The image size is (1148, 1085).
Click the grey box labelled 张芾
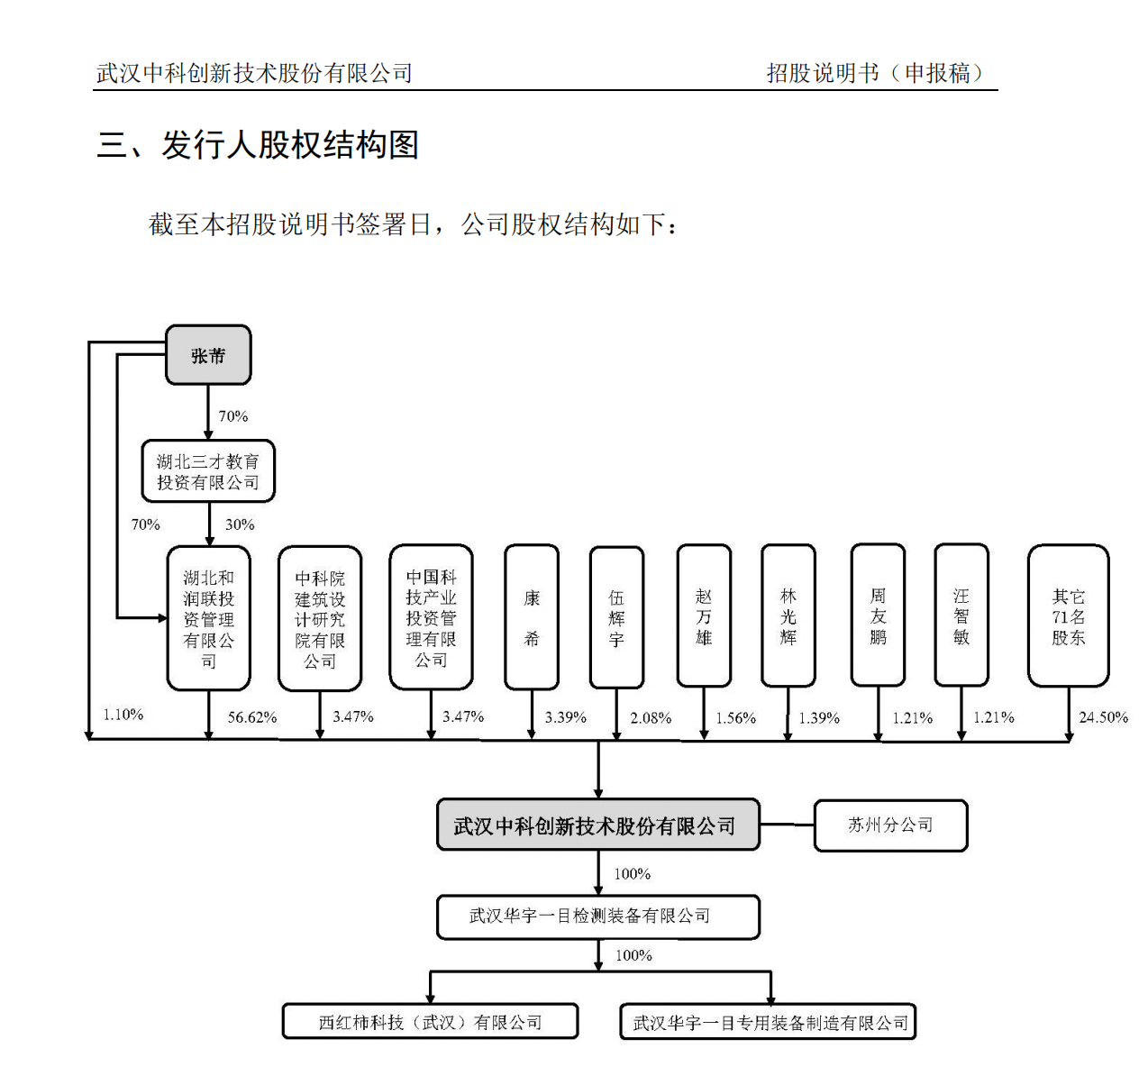point(208,354)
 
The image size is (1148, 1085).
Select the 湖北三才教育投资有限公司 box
point(208,470)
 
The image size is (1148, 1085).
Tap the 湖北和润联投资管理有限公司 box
point(209,617)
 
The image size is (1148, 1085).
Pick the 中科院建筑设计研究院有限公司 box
point(320,618)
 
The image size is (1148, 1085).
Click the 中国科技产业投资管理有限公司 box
point(432,617)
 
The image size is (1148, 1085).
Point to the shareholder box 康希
point(532,617)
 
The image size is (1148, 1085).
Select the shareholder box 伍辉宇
point(616,617)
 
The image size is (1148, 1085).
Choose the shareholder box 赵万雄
point(704,615)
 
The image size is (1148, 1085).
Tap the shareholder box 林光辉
point(788,615)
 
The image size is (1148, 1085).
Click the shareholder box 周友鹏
point(878,615)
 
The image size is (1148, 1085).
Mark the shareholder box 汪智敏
point(961,615)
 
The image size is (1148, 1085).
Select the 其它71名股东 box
point(1068,615)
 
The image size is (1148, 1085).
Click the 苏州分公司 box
point(891,825)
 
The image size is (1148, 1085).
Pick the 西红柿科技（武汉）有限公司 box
point(430,1021)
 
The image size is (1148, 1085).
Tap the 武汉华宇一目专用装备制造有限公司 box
point(768,1021)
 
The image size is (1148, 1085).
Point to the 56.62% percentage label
point(252,717)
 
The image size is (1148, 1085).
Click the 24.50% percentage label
point(1103,717)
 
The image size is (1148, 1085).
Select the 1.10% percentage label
point(123,715)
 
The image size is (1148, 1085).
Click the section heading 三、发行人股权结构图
point(258,144)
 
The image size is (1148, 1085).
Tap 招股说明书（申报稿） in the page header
point(876,74)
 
